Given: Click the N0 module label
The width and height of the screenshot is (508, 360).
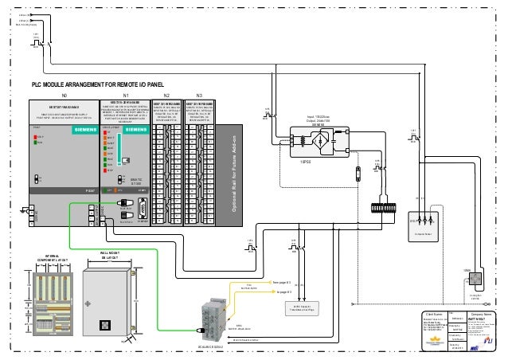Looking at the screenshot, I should pos(63,95).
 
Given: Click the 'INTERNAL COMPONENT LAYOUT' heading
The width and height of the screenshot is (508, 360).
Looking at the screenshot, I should pos(52,259).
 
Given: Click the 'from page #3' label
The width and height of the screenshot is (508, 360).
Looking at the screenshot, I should pos(283,282).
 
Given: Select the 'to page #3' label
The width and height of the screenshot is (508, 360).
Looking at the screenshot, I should pos(283,292).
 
